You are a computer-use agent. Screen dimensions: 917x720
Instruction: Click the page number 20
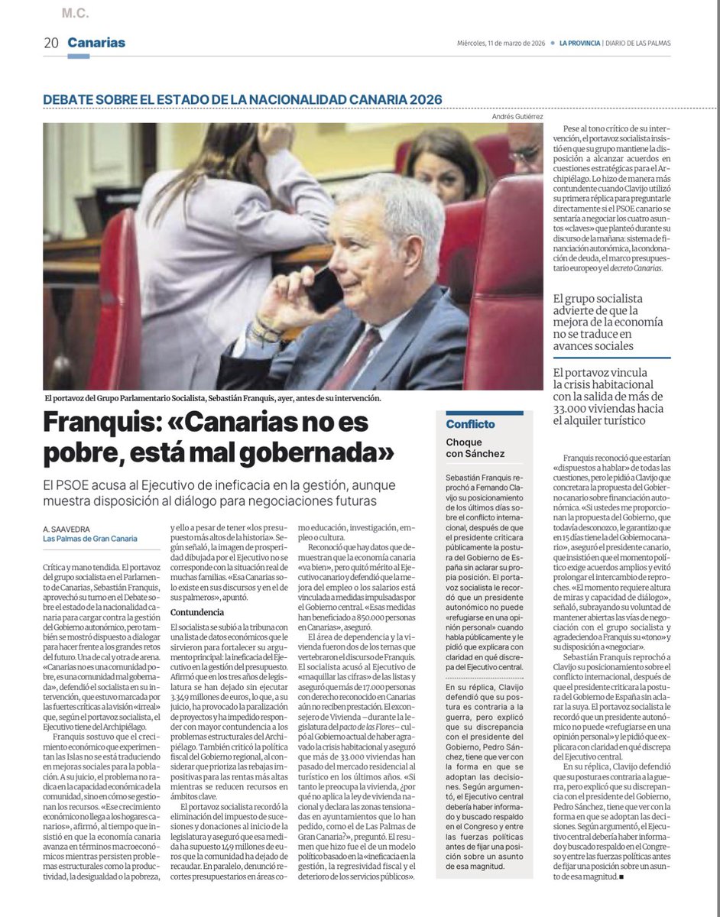[51, 43]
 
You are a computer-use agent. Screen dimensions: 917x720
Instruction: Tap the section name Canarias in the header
[96, 43]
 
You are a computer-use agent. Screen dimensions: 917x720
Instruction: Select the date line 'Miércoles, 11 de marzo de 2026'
[500, 44]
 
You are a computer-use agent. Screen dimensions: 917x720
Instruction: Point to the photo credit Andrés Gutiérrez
[516, 117]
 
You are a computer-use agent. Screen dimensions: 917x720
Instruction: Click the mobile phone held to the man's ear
[324, 288]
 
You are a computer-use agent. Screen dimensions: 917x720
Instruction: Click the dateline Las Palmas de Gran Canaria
[90, 539]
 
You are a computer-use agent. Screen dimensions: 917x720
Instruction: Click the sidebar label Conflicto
[471, 424]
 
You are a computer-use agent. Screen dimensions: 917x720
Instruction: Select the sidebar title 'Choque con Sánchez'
[475, 448]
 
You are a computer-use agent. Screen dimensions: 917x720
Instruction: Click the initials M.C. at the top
[76, 13]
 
